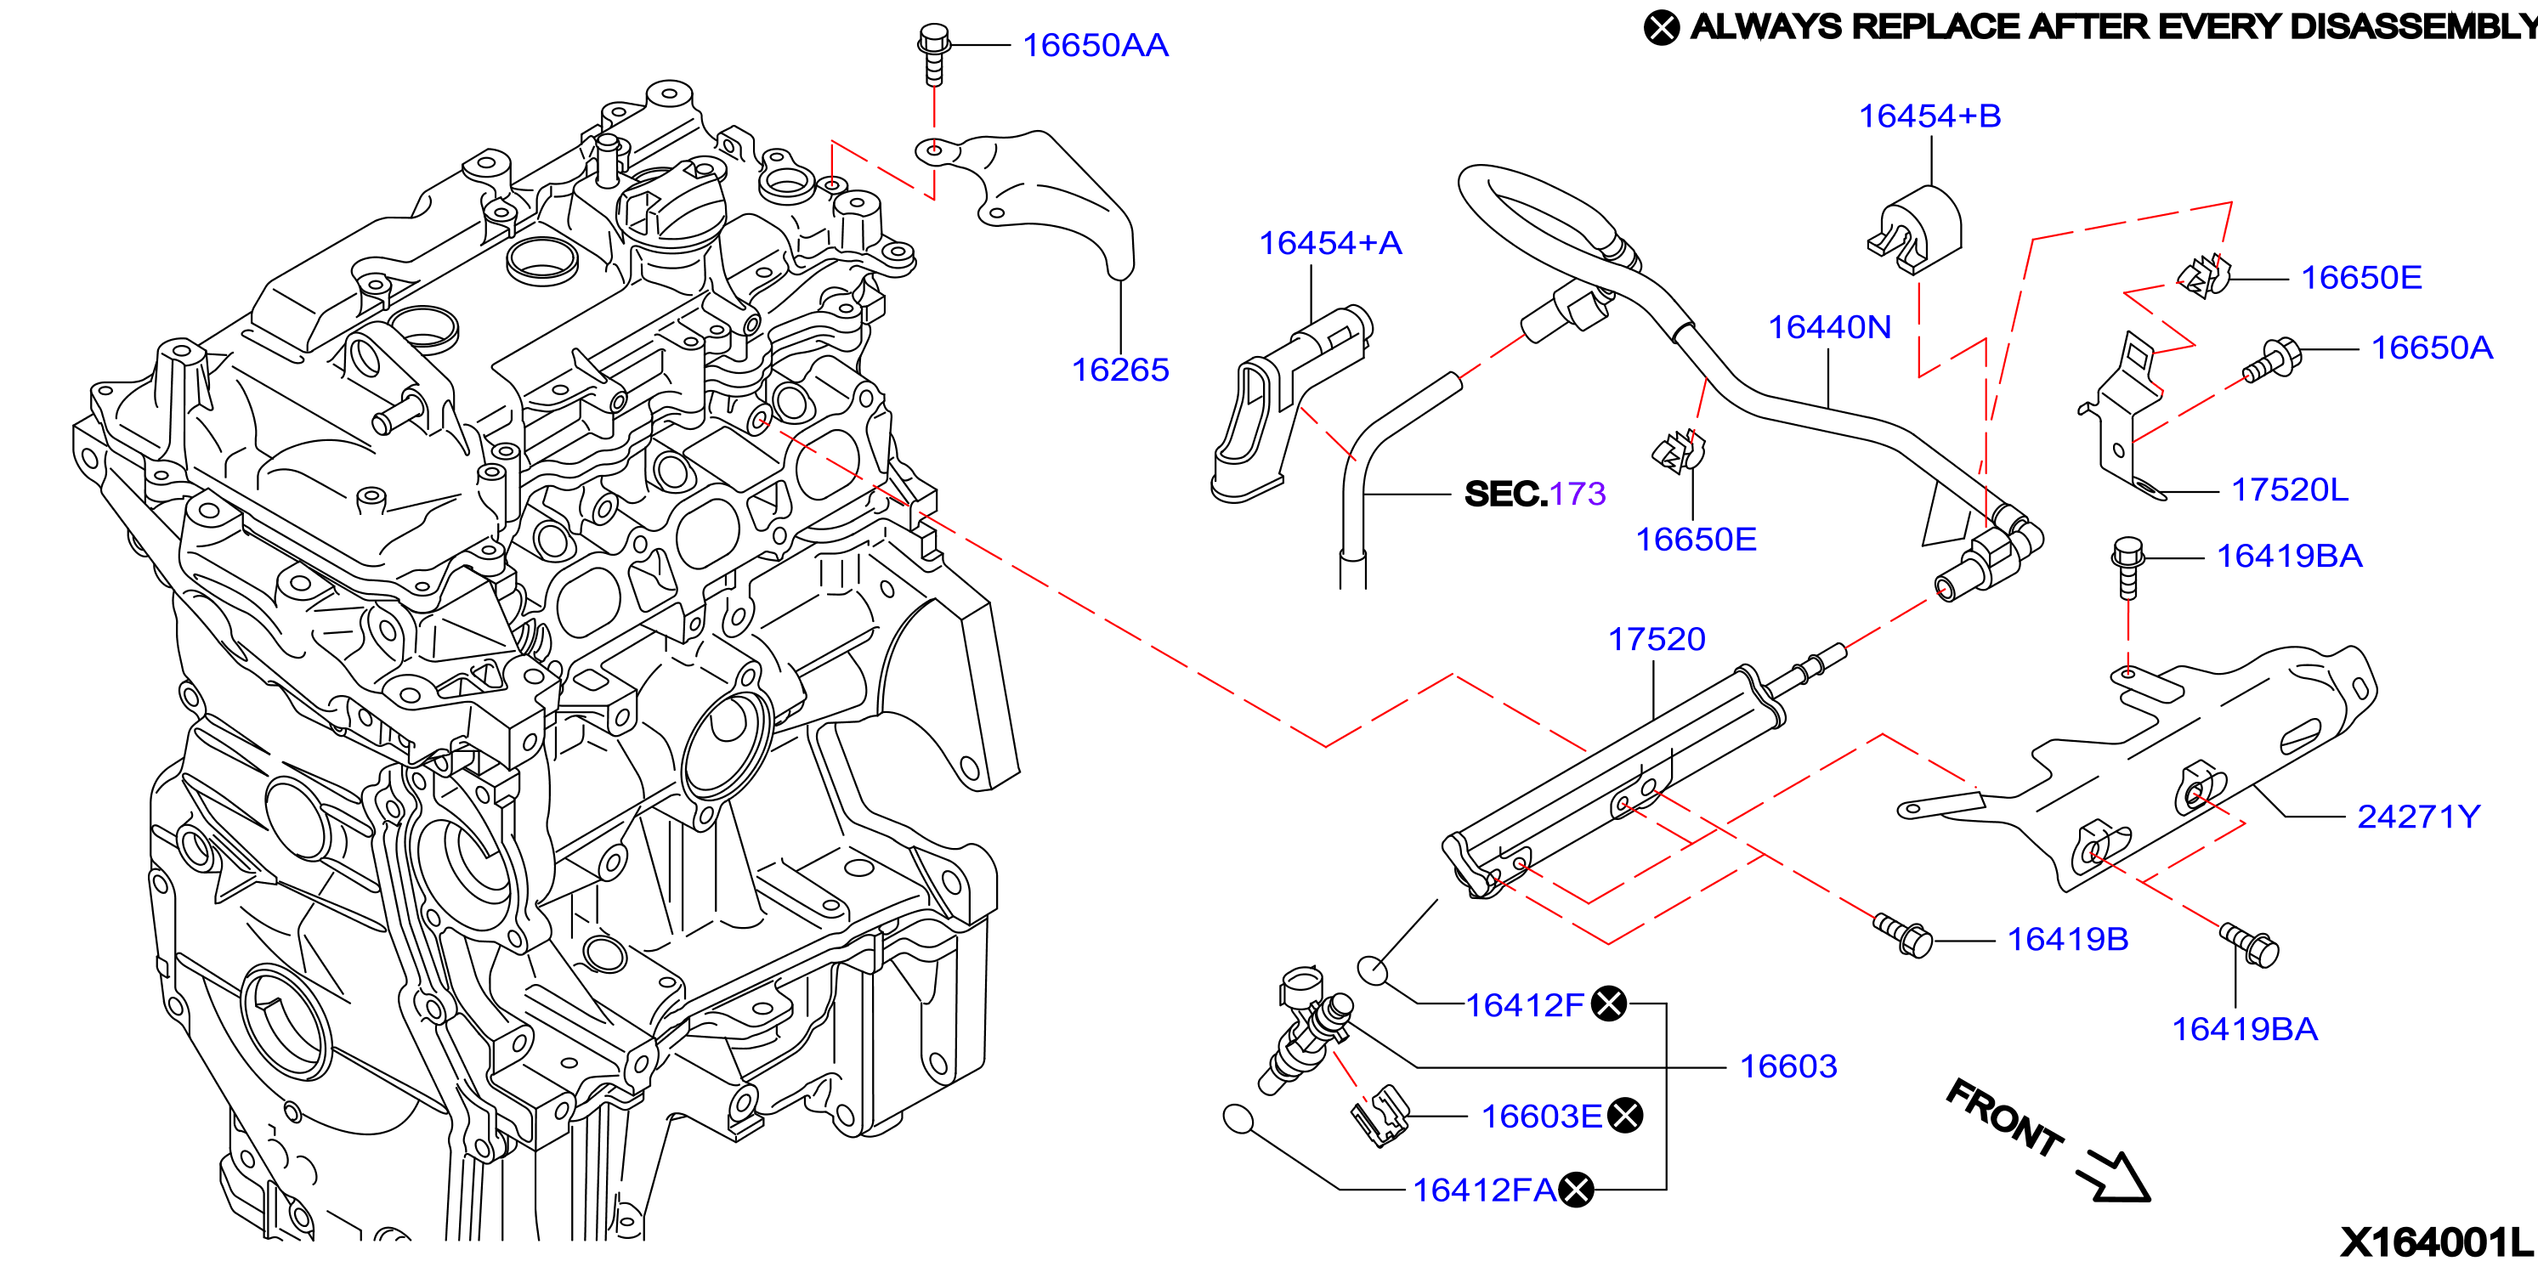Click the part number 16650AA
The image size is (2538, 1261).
(1096, 45)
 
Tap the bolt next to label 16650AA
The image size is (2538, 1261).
(933, 54)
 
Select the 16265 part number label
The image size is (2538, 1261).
(1120, 370)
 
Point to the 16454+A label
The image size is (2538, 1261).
(1330, 243)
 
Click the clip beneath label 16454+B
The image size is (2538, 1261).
(1914, 230)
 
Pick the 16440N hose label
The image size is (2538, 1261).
(1830, 327)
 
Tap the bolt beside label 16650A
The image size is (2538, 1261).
(2272, 359)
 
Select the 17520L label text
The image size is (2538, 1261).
(2290, 489)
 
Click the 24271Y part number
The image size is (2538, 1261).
(2418, 817)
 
